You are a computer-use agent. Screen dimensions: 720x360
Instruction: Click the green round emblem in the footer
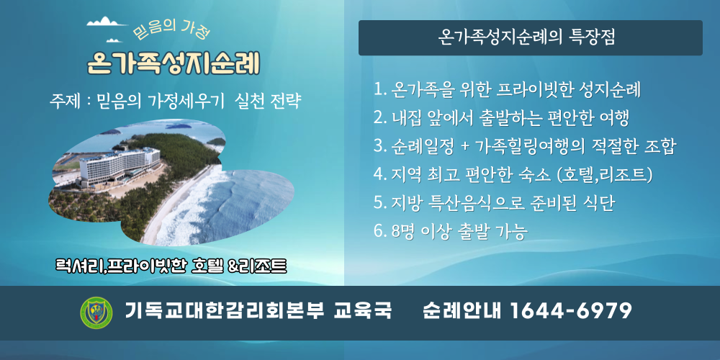[96, 312]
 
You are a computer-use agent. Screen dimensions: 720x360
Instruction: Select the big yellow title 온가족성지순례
[174, 63]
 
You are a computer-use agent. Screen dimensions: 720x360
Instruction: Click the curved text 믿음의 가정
[171, 32]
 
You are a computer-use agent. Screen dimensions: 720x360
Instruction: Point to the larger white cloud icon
[107, 22]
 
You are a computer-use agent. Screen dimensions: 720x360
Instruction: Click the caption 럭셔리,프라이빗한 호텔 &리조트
[171, 266]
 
